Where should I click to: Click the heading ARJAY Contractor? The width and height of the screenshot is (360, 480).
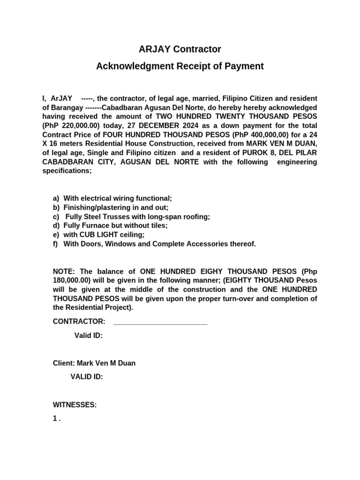[x=180, y=49]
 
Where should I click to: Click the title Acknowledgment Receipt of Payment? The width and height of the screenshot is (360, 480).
[x=180, y=66]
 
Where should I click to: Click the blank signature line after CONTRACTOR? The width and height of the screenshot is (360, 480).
[x=160, y=322]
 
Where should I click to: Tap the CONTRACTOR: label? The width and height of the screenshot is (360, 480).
[x=79, y=322]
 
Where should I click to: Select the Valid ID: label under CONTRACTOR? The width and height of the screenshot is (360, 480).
[x=89, y=336]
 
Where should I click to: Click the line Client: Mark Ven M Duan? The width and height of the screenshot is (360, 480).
[x=94, y=363]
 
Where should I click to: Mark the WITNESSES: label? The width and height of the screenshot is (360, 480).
[x=75, y=405]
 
